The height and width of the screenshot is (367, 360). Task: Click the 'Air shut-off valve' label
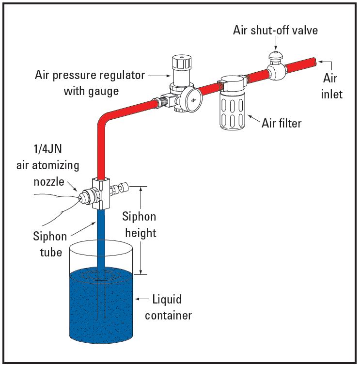[x=275, y=30]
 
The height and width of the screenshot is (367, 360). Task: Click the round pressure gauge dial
[x=193, y=99]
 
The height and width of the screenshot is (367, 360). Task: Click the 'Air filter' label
[x=282, y=123]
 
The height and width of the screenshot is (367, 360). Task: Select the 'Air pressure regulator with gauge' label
[x=90, y=83]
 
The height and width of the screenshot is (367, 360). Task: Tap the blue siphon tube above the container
[x=101, y=228]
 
